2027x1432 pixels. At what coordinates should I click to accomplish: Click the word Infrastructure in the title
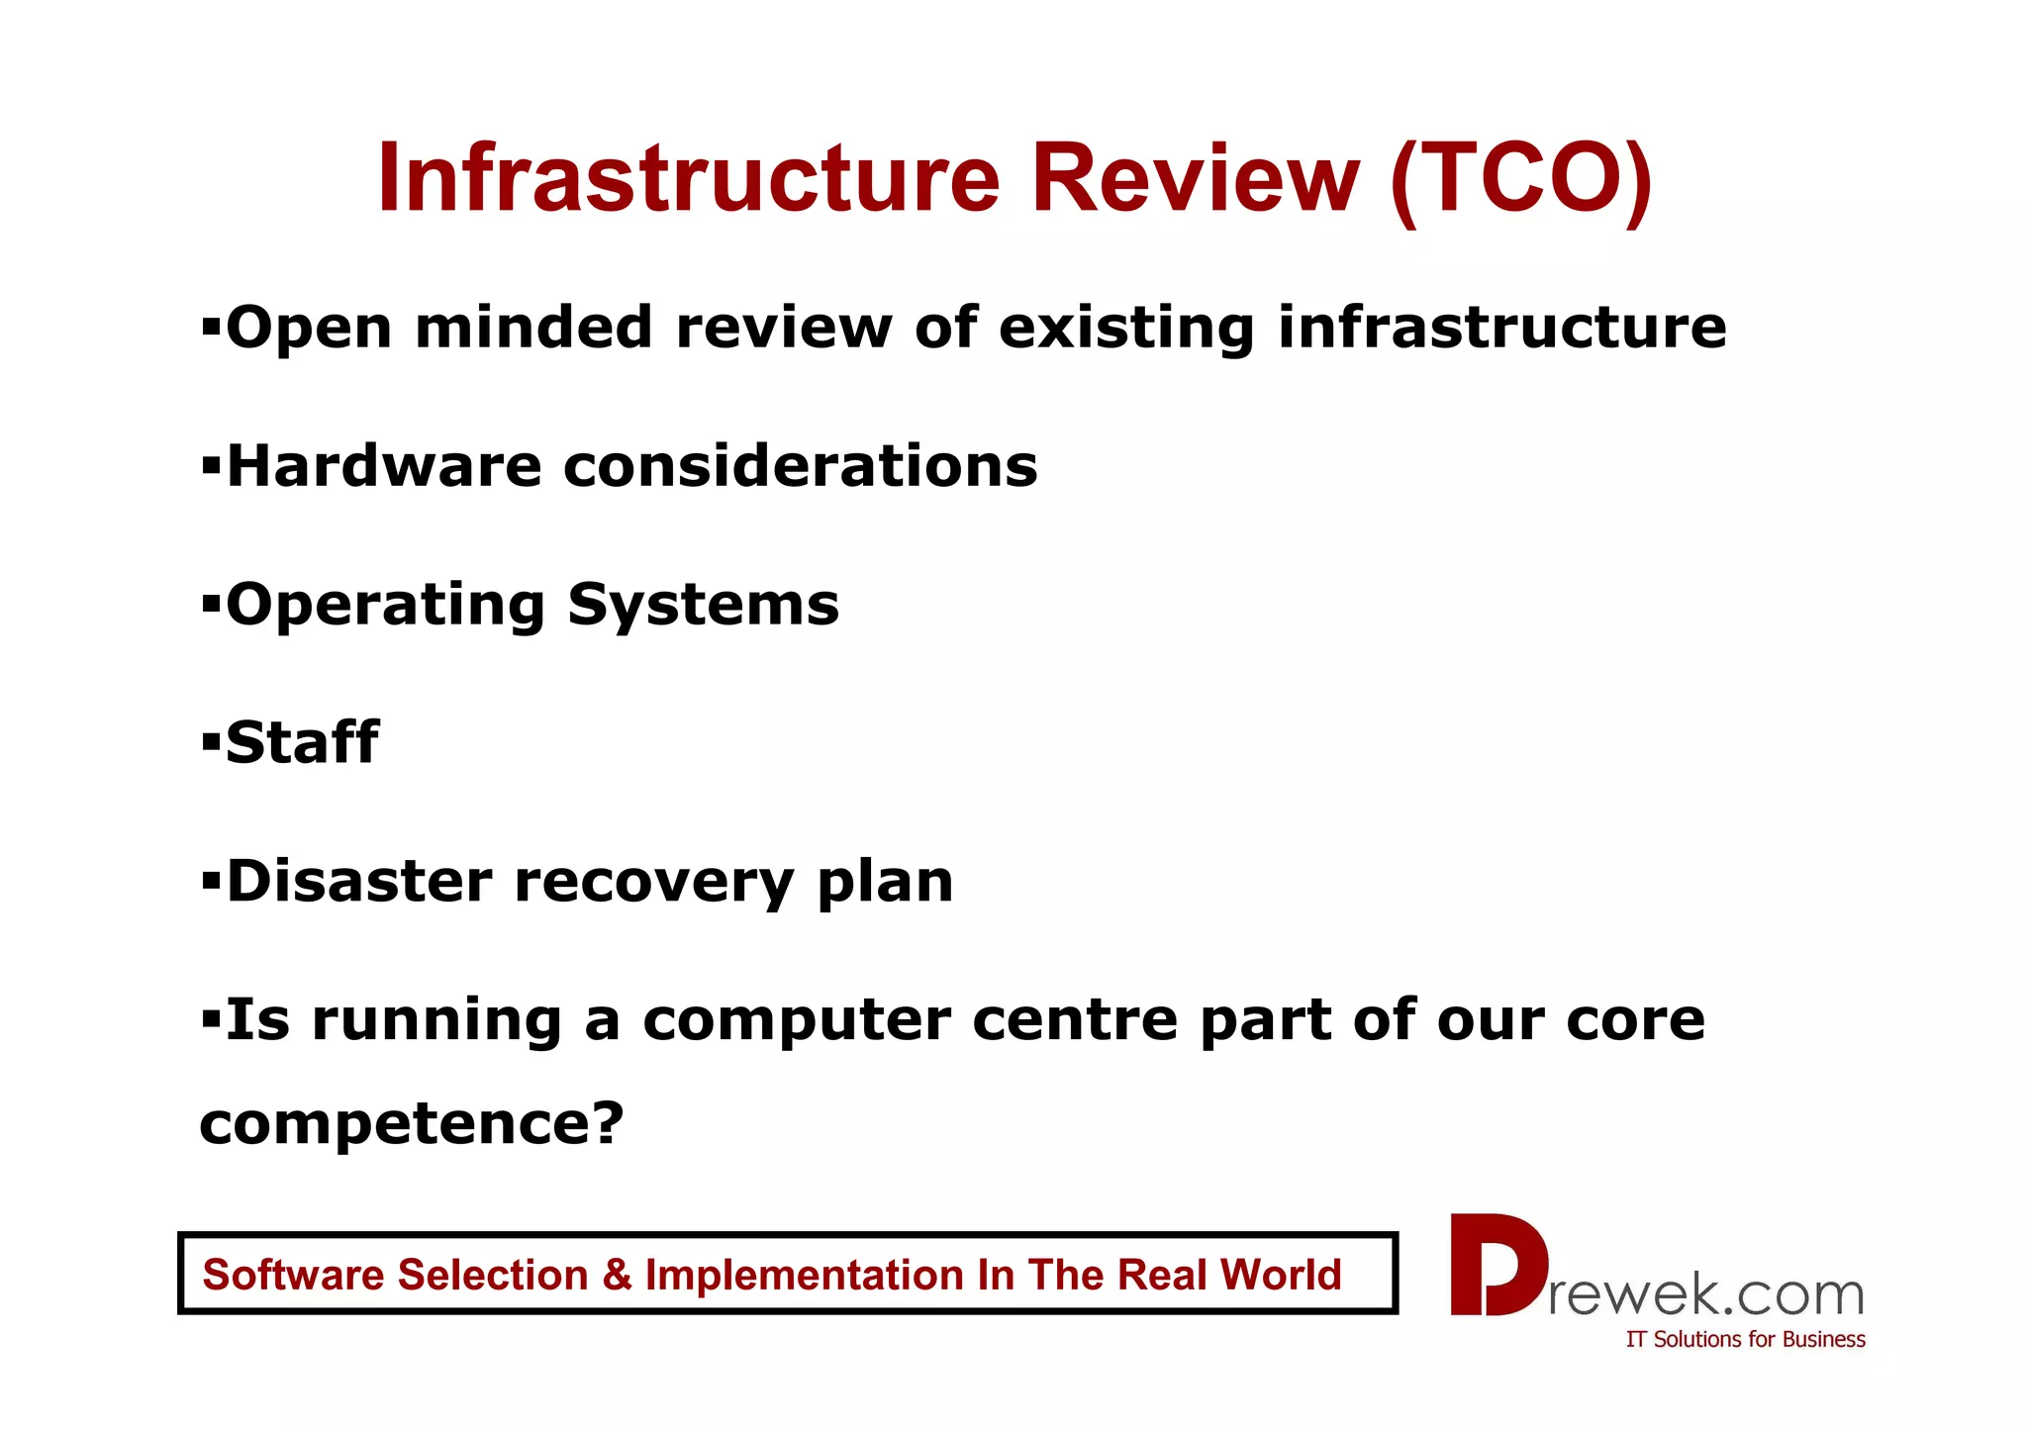click(x=688, y=179)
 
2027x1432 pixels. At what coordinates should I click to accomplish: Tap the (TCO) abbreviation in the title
click(x=1520, y=179)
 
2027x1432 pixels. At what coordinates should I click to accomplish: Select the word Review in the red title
click(x=1195, y=179)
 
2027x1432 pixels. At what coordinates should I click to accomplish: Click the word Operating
click(x=386, y=606)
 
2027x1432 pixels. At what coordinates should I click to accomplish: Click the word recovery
click(x=653, y=883)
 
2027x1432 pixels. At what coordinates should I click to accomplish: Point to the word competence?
click(x=412, y=1124)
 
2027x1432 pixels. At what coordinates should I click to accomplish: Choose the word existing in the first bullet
click(x=1126, y=329)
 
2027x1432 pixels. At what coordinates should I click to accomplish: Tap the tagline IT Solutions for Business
click(x=1745, y=1339)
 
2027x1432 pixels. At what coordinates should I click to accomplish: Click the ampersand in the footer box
click(x=617, y=1275)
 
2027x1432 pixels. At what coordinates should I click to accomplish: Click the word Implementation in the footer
click(x=805, y=1276)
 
